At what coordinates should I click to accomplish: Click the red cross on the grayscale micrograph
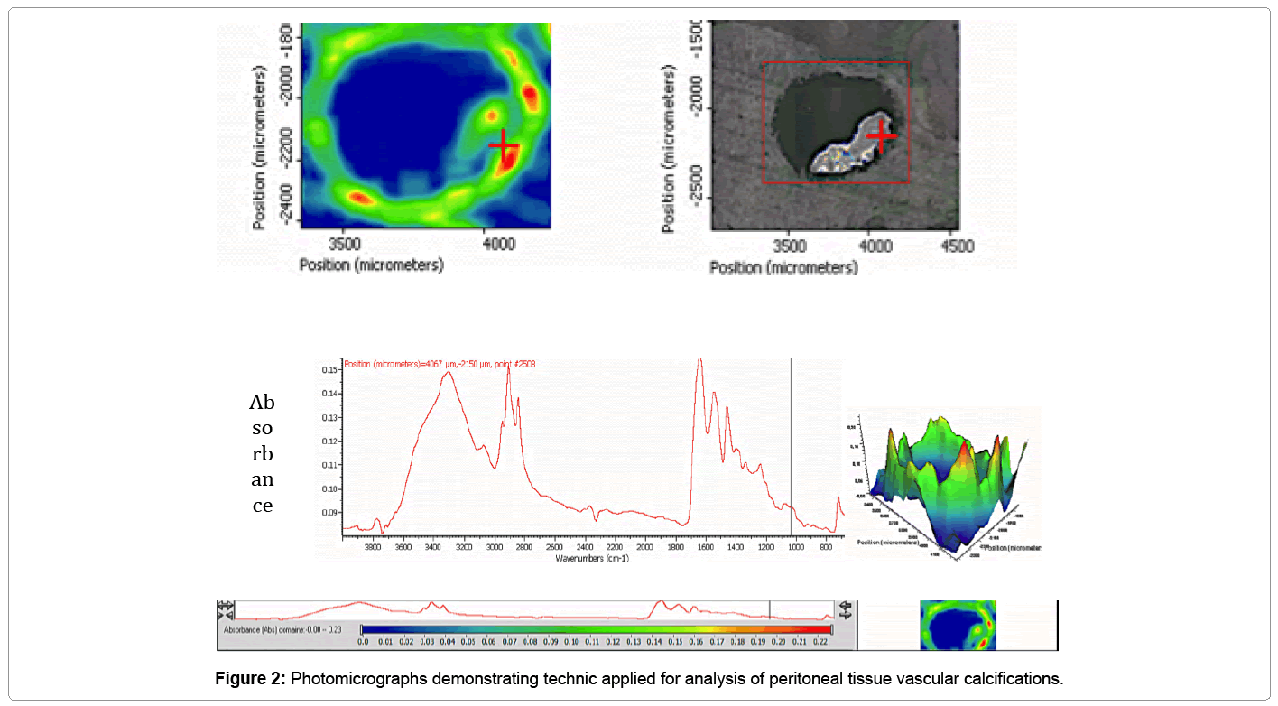click(881, 135)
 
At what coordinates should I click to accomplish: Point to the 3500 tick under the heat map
click(343, 243)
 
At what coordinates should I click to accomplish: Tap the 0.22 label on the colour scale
click(822, 642)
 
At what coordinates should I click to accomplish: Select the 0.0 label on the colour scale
click(363, 642)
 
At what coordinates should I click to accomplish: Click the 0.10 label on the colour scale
click(571, 642)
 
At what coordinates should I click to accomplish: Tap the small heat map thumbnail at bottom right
click(958, 625)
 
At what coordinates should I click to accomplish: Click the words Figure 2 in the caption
click(250, 678)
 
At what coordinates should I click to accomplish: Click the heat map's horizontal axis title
click(371, 265)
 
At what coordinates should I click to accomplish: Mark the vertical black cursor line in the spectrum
click(792, 451)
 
